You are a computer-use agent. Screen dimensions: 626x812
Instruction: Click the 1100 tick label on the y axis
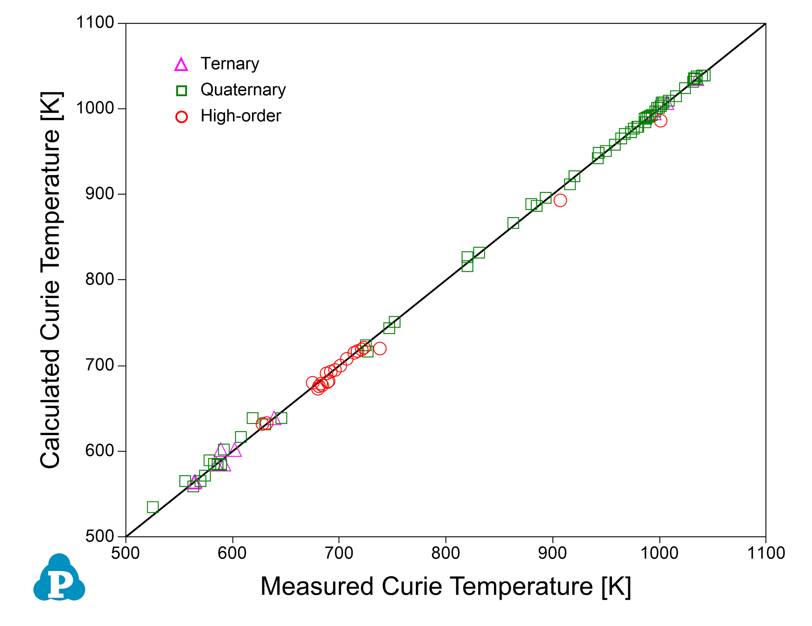(95, 23)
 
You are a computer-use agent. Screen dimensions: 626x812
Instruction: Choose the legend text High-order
(241, 116)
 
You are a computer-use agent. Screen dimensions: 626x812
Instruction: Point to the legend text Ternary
(230, 64)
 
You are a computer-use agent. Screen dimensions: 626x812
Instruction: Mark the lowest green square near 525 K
(153, 507)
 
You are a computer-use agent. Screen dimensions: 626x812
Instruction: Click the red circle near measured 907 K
(560, 200)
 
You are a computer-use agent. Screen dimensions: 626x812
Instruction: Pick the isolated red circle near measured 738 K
(380, 348)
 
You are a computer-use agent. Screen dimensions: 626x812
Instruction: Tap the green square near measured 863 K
(513, 223)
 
